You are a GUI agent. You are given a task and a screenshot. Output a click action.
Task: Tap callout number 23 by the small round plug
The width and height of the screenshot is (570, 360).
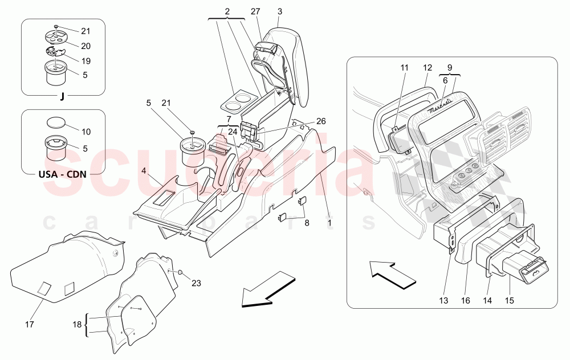(x=196, y=282)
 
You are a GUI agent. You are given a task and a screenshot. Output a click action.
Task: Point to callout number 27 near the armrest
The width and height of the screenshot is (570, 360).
(x=255, y=11)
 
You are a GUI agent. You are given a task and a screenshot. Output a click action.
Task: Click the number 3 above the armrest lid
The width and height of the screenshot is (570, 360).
(x=280, y=11)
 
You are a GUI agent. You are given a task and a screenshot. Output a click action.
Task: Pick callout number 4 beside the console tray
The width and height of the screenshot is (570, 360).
(x=144, y=170)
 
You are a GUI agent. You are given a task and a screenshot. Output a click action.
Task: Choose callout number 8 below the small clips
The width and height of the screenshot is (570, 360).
(x=307, y=223)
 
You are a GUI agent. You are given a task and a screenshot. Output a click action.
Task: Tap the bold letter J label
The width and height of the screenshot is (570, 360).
(x=62, y=96)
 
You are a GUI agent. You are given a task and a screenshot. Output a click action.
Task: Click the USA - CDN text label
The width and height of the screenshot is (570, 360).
(x=62, y=174)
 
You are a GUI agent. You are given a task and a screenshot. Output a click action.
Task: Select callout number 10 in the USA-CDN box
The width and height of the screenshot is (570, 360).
(x=86, y=132)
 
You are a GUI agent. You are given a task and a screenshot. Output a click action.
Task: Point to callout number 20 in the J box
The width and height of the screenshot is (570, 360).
(x=85, y=46)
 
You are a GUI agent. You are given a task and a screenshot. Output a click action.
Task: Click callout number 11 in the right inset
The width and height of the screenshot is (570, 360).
(x=405, y=68)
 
